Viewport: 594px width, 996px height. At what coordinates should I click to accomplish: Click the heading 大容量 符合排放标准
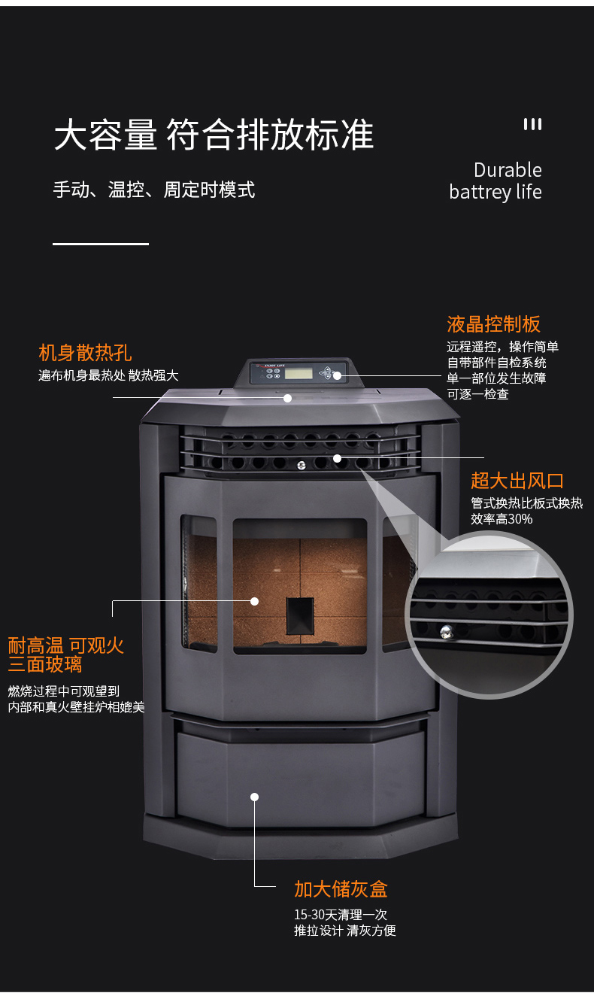click(x=214, y=135)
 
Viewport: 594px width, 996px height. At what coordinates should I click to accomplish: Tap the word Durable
click(x=508, y=170)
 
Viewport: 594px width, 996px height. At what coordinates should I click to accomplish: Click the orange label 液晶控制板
click(x=493, y=324)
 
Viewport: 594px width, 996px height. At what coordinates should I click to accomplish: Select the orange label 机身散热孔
click(x=85, y=352)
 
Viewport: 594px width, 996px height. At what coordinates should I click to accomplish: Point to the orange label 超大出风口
click(x=517, y=481)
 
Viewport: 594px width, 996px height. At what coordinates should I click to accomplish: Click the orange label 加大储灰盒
click(x=341, y=889)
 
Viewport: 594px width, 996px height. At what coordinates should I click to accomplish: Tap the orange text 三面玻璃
click(x=45, y=665)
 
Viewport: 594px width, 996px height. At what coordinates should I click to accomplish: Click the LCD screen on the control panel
click(x=299, y=372)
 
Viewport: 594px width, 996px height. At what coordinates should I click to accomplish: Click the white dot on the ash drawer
click(x=255, y=797)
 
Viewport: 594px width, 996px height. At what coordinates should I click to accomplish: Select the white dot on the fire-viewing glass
click(x=255, y=601)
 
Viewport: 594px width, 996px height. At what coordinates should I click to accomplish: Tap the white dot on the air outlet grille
click(x=338, y=457)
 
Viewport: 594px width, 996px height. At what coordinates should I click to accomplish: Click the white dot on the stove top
click(x=287, y=398)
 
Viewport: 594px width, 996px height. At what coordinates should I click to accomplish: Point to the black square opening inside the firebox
click(x=300, y=615)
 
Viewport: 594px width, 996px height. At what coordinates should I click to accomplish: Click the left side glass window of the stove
click(x=199, y=583)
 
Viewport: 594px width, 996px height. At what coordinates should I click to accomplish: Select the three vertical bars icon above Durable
click(x=532, y=124)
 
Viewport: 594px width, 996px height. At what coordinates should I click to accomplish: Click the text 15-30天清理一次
click(x=340, y=915)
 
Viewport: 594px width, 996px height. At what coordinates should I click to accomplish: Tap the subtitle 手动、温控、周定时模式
click(x=154, y=189)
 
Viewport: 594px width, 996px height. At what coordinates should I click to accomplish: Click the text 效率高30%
click(x=501, y=519)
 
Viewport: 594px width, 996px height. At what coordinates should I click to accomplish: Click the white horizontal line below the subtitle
click(x=101, y=244)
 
